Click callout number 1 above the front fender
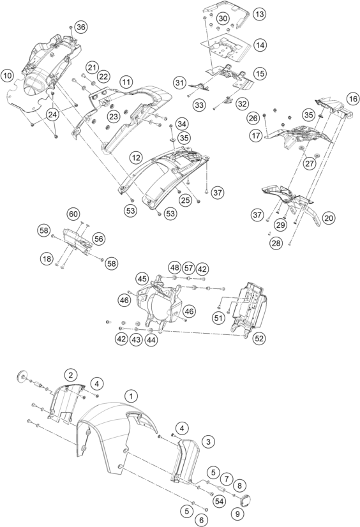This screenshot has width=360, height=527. tap(131, 396)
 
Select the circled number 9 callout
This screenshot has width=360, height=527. tap(237, 514)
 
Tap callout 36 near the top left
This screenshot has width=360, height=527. tap(80, 27)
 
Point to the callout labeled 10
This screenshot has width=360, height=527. tap(8, 75)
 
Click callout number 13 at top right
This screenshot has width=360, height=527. tap(259, 14)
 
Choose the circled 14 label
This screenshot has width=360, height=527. tap(260, 45)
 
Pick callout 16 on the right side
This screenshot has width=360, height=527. tap(352, 99)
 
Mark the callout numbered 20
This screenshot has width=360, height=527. tap(329, 218)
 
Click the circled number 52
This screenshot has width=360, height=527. tap(259, 338)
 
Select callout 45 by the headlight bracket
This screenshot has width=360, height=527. tap(142, 279)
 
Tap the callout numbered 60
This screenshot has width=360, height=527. tap(73, 214)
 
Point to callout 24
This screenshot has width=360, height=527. tap(52, 115)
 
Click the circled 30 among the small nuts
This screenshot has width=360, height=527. tap(223, 19)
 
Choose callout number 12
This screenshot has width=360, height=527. tap(137, 158)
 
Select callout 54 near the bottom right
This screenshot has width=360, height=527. tap(220, 501)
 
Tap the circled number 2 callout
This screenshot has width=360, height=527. tap(71, 375)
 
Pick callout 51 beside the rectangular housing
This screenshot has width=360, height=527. tap(218, 318)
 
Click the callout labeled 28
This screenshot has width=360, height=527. tap(276, 243)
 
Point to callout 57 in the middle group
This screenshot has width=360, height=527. tap(188, 268)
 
